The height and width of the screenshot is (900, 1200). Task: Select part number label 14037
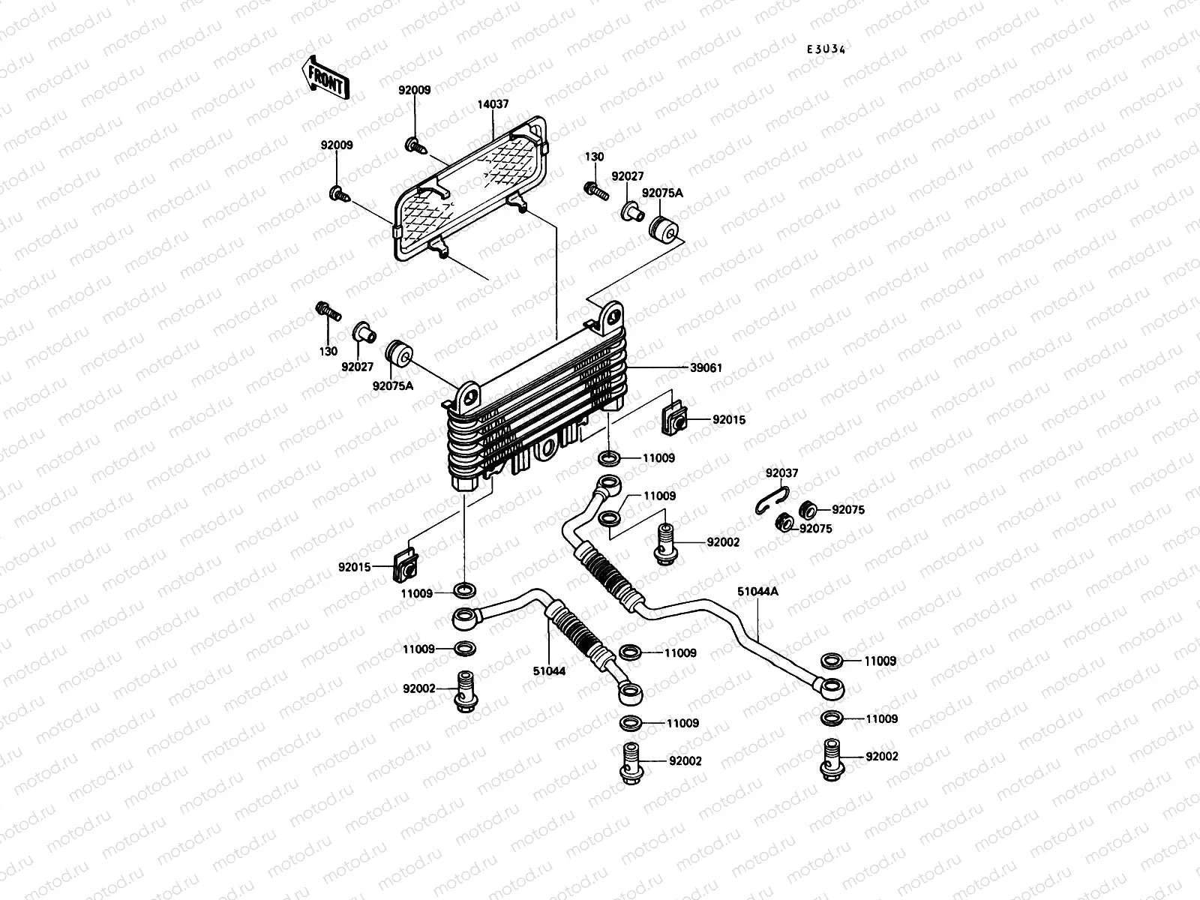point(493,104)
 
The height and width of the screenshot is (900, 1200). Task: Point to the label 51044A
point(757,592)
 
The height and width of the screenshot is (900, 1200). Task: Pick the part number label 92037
point(781,473)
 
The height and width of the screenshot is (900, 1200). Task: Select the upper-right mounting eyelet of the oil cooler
point(613,312)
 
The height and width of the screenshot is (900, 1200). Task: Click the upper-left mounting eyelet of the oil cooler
point(469,393)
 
